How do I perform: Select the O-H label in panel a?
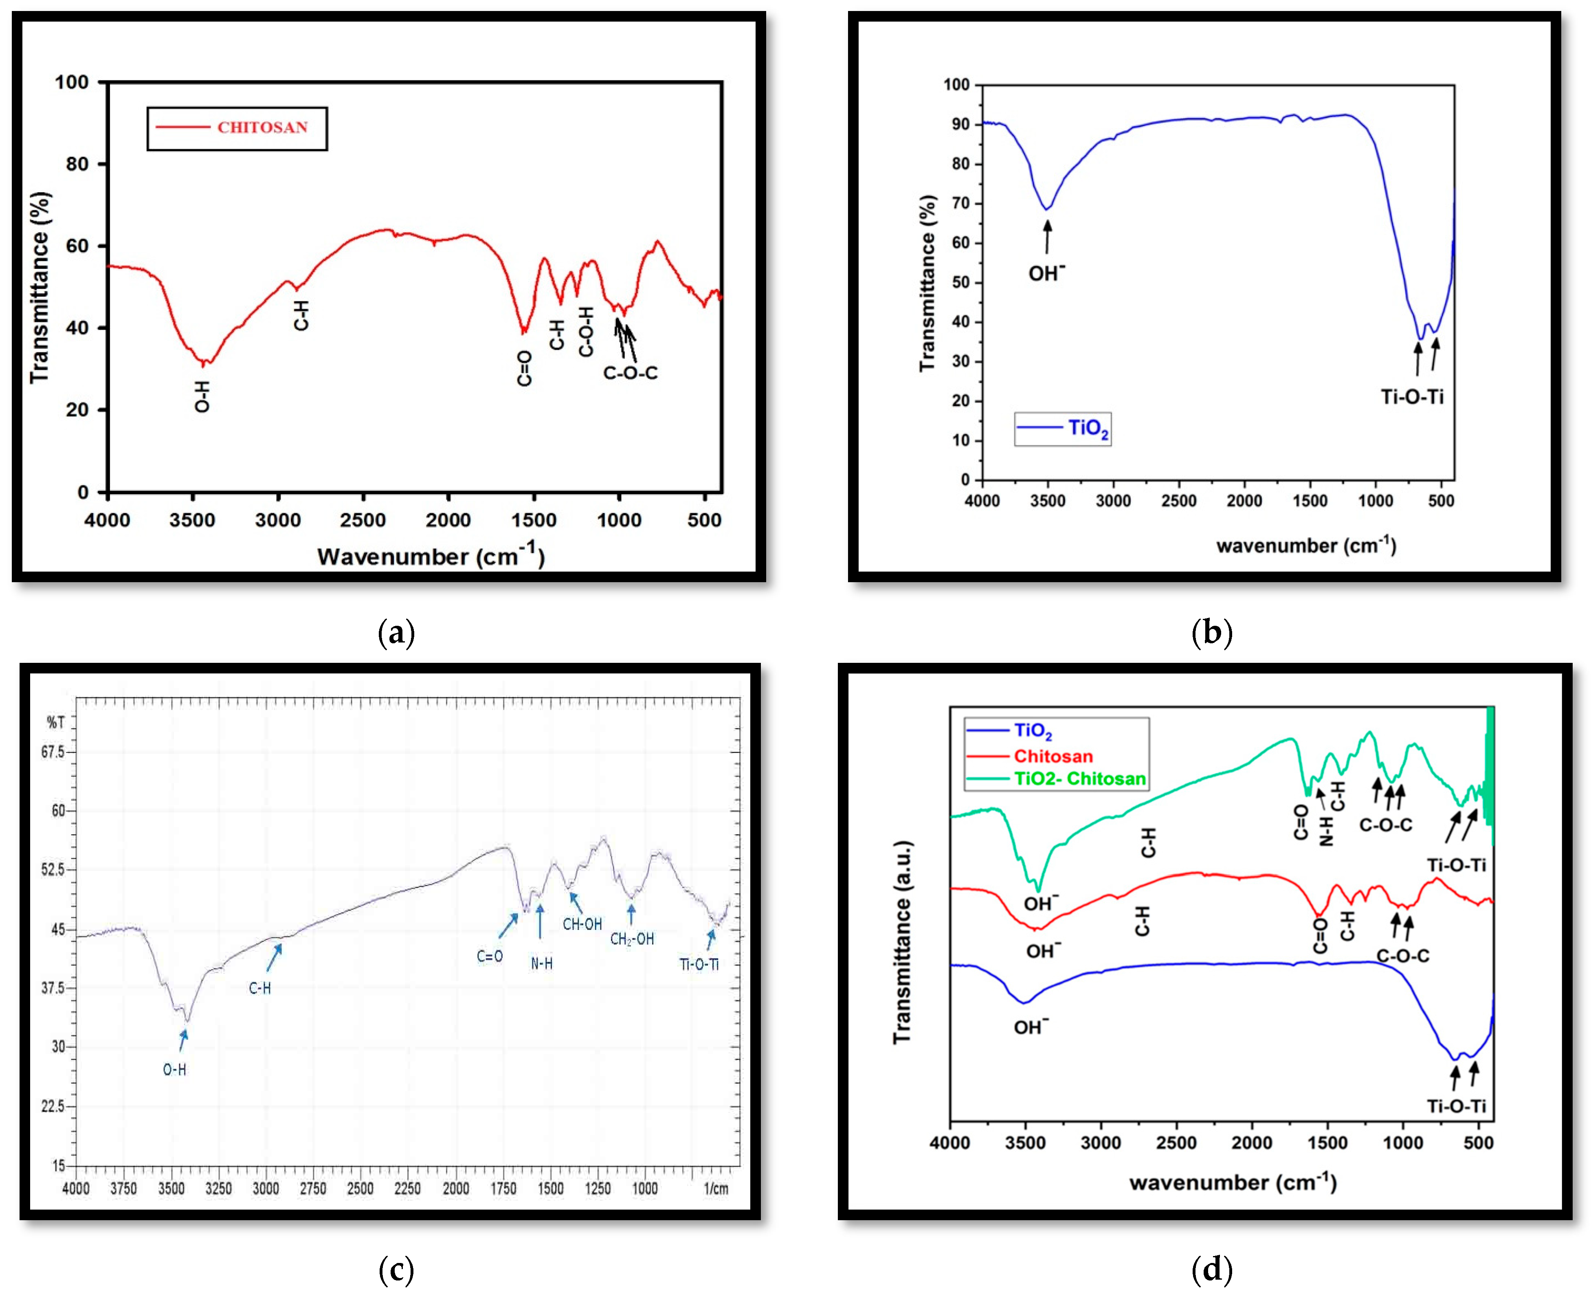[x=202, y=396]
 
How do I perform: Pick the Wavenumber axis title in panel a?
[x=431, y=556]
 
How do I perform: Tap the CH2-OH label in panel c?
[x=632, y=939]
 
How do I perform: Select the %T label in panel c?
[x=55, y=722]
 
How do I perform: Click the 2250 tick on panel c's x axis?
[x=407, y=1189]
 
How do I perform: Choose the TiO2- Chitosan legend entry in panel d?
[x=1079, y=778]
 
